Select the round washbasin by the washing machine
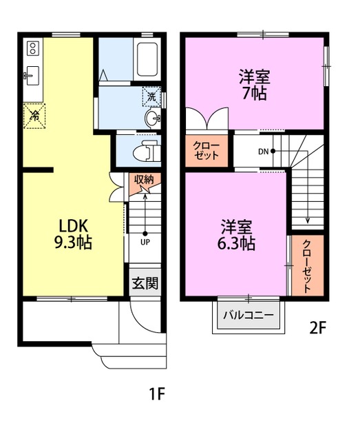pyautogui.click(x=153, y=119)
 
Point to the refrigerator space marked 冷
pyautogui.click(x=34, y=115)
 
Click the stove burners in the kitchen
pyautogui.click(x=32, y=48)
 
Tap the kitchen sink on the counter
pyautogui.click(x=32, y=73)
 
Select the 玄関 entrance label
pyautogui.click(x=145, y=283)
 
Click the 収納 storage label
pyautogui.click(x=144, y=180)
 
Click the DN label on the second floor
pyautogui.click(x=264, y=152)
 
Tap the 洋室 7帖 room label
pyautogui.click(x=254, y=84)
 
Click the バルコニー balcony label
pyautogui.click(x=248, y=317)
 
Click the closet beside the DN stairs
pyautogui.click(x=206, y=150)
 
